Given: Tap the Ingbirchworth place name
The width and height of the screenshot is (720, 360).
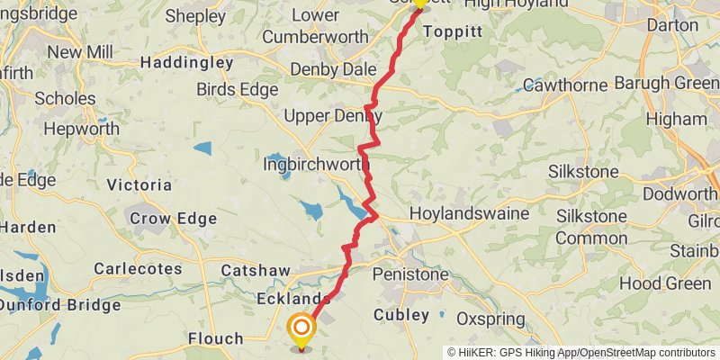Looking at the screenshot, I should [311, 166].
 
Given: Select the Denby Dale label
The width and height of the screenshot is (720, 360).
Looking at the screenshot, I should [328, 69].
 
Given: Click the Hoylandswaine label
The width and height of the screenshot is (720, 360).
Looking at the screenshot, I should [464, 215].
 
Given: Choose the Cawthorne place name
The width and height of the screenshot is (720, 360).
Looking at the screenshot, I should [565, 85].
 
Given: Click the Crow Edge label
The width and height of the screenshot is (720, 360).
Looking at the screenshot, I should [174, 218].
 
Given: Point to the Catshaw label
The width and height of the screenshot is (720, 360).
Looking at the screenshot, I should [256, 269].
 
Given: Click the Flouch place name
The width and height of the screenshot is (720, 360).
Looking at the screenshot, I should [216, 338].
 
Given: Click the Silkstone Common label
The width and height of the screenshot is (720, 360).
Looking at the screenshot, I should [591, 228].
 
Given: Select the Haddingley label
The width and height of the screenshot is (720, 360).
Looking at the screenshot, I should [186, 63].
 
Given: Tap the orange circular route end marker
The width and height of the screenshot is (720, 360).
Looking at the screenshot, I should [301, 328].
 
